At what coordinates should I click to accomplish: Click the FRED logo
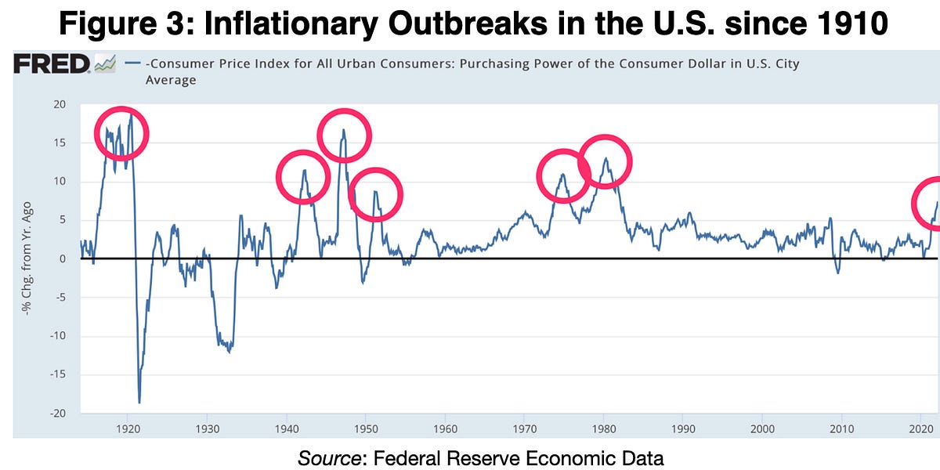[52, 63]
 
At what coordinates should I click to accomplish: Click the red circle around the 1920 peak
[121, 133]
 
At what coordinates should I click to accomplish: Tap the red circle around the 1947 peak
[344, 136]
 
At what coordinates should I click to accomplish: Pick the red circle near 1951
[375, 193]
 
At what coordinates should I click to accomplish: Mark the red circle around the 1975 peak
[563, 175]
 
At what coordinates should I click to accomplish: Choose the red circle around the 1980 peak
[605, 161]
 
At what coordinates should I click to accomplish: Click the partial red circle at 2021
[930, 204]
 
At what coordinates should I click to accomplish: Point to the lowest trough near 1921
[139, 402]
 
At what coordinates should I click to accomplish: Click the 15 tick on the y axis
[60, 143]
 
